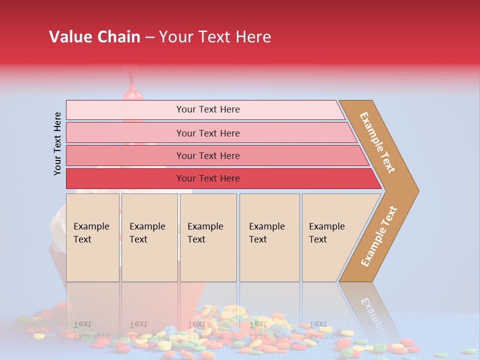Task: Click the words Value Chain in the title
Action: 94,37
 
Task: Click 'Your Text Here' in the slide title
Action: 215,37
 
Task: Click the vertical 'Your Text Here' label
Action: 58,143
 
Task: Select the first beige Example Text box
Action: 92,237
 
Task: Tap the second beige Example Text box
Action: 149,237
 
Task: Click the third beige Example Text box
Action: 208,237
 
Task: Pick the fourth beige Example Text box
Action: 269,237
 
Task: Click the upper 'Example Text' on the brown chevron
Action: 377,142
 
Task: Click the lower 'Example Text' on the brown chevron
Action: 379,236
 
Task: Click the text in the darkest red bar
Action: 208,178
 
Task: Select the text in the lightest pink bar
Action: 208,109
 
